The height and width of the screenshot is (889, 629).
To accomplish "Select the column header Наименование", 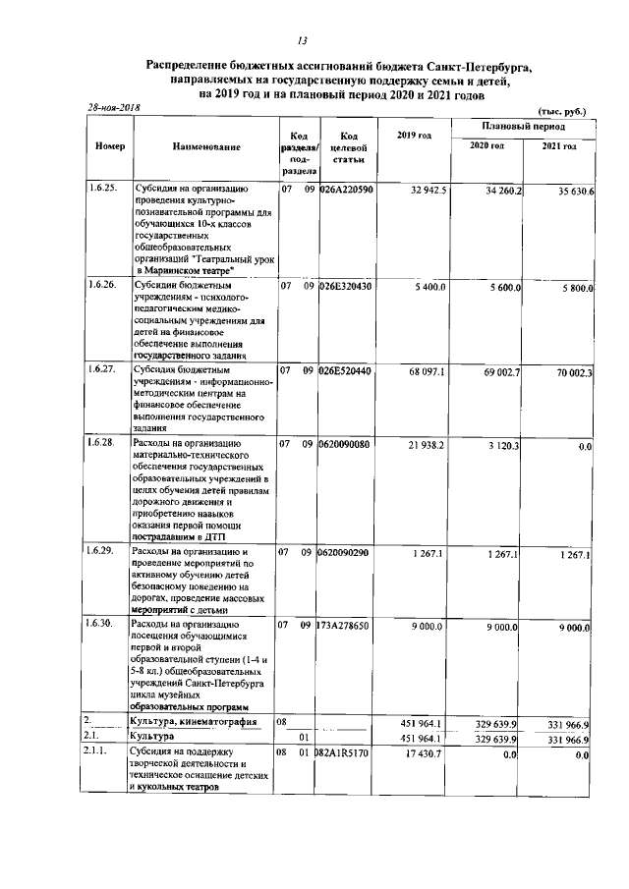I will (x=206, y=146).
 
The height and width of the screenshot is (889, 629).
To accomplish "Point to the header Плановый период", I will (x=523, y=128).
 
